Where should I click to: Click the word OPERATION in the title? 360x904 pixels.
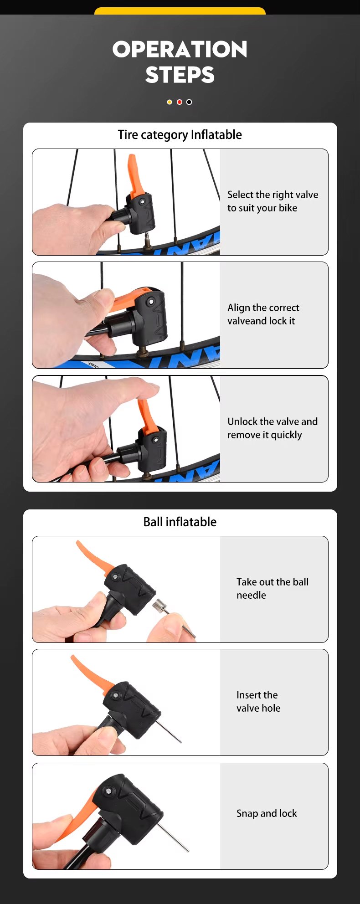coord(180,49)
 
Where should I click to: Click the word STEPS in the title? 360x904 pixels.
coord(180,75)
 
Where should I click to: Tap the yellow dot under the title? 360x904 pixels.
coord(170,102)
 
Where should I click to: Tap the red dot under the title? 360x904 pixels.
coord(180,102)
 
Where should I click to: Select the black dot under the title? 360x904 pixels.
coord(189,102)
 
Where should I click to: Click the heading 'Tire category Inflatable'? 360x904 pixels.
coord(180,135)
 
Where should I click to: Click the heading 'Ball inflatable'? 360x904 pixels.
coord(180,522)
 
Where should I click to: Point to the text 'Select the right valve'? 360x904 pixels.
coord(273,195)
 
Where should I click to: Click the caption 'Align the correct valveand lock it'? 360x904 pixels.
coord(263,314)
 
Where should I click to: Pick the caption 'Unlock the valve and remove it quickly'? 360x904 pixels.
coord(273,428)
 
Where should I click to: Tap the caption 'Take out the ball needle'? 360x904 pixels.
coord(273,588)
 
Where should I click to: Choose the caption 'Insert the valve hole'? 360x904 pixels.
coord(258,701)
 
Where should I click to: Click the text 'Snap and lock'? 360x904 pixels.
coord(267,813)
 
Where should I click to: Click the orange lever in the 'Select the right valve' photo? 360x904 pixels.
coord(134,175)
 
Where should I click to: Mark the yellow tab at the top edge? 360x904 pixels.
coord(180,11)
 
